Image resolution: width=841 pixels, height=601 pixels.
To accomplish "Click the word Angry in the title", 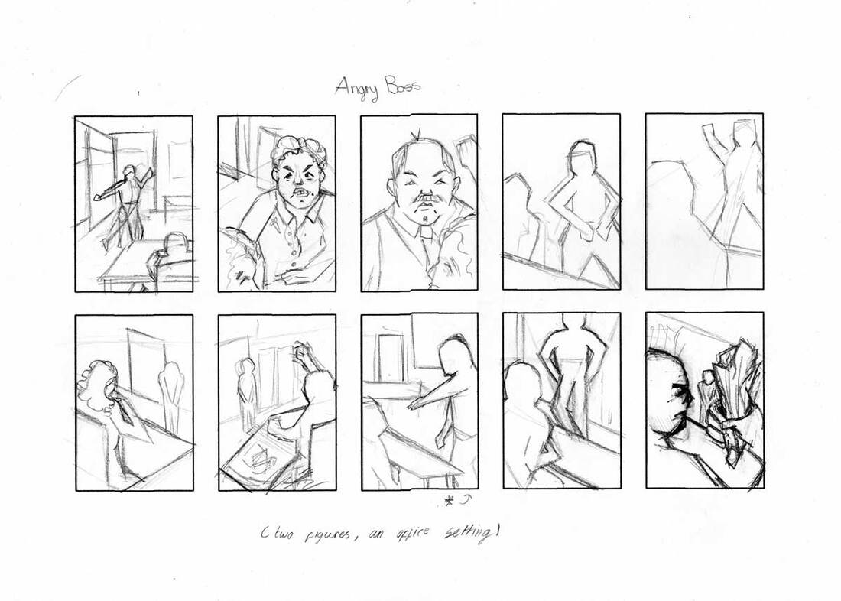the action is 357,88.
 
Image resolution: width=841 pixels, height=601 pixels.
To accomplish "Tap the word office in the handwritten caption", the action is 413,534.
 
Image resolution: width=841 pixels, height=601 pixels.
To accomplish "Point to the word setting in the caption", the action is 471,534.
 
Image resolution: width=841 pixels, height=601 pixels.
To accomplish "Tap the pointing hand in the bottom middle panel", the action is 416,402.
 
